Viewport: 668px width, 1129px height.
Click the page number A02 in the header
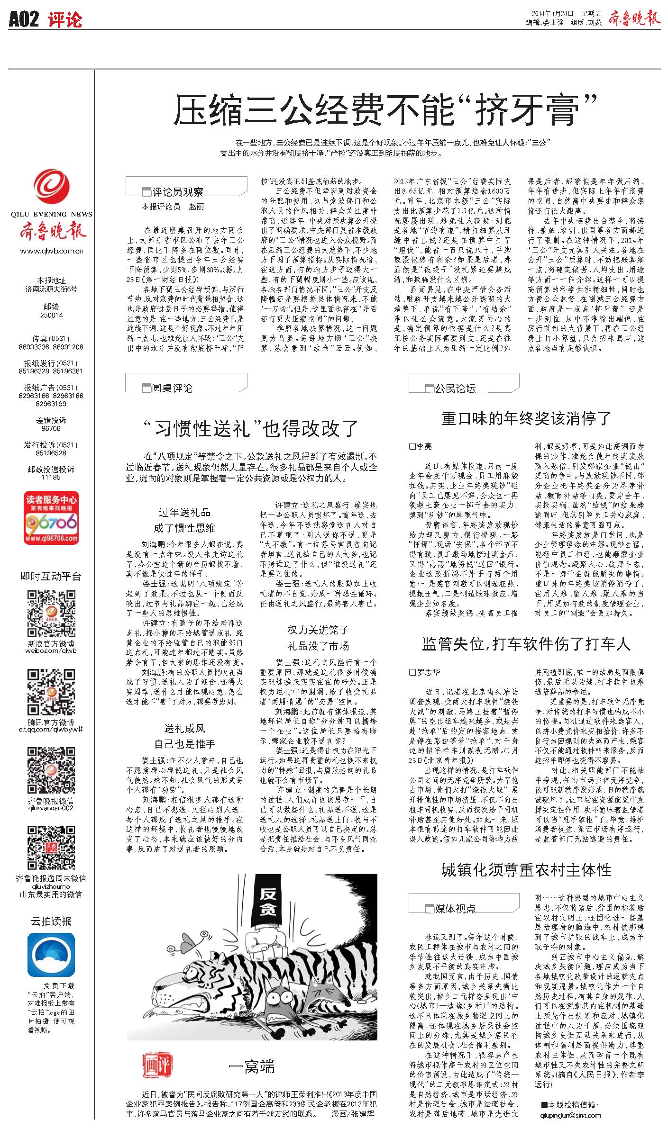(x=24, y=19)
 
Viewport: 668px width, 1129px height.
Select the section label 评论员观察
(x=178, y=192)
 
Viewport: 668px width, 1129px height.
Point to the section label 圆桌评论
(x=172, y=388)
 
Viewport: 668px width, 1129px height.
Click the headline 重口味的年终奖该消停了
(x=526, y=418)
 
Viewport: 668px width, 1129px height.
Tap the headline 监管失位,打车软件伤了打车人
(x=526, y=643)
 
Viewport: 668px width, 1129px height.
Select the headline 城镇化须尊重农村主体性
(x=526, y=869)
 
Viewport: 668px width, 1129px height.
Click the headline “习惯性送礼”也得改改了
(x=251, y=428)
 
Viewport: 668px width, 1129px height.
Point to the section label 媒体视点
(x=455, y=908)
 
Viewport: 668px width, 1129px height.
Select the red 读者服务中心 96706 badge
(x=51, y=518)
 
